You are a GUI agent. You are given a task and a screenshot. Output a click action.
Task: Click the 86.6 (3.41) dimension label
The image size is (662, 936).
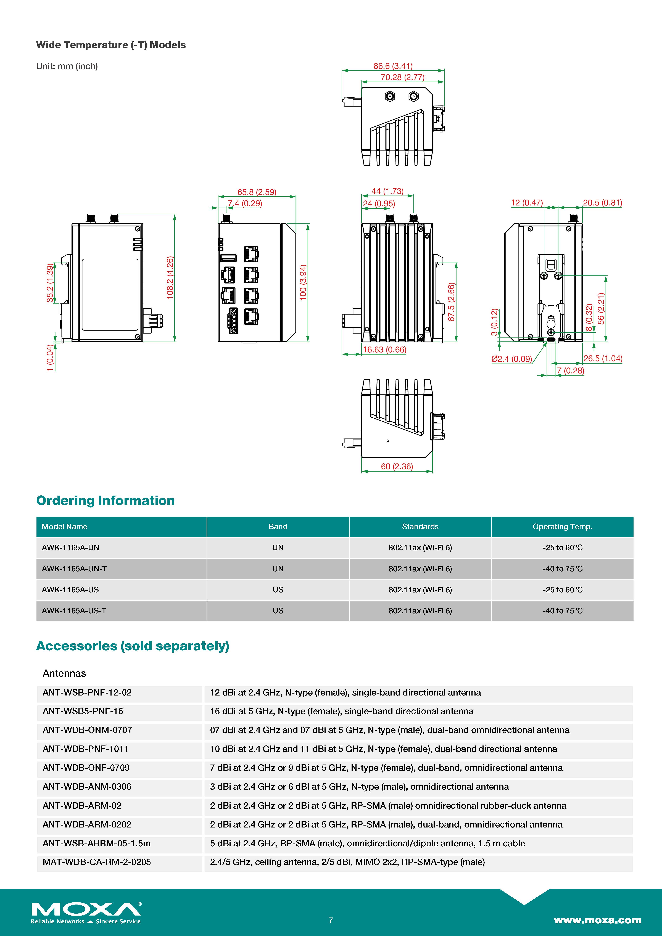[x=392, y=66]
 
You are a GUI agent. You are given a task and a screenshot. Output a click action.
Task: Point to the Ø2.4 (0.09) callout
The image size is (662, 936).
[x=511, y=359]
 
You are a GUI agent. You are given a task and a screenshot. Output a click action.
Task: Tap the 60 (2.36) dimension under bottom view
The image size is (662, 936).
[x=397, y=466]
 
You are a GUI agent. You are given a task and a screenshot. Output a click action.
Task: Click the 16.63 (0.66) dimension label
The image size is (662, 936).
[x=384, y=350]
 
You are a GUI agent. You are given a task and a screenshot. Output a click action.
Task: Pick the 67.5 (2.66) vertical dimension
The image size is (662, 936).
[x=451, y=302]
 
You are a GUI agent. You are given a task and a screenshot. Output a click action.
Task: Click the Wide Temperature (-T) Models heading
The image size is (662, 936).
[x=111, y=45]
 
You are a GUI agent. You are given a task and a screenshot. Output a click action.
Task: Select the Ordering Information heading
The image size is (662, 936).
[x=106, y=501]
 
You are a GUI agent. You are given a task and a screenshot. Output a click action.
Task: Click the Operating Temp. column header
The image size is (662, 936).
[x=562, y=527]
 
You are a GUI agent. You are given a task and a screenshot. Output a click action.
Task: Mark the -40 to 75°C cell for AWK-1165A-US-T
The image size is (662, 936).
[x=562, y=611]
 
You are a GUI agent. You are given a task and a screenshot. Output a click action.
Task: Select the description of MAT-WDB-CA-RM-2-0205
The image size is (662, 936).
[x=347, y=862]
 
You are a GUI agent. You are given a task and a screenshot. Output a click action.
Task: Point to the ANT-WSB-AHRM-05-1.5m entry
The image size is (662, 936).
[x=97, y=844]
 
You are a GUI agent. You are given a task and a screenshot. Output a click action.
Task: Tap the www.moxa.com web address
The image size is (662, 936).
[x=597, y=920]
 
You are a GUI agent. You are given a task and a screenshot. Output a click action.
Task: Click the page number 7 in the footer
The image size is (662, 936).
[x=331, y=920]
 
